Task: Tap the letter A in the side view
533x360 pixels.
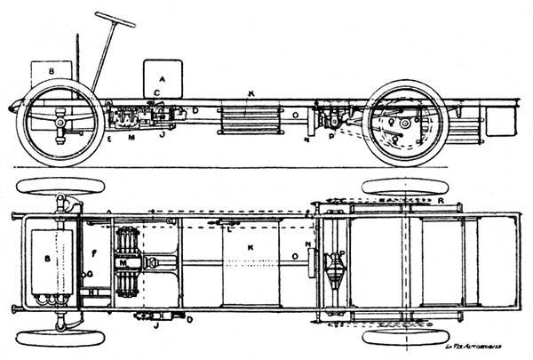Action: (x=162, y=77)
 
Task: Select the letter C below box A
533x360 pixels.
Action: (x=156, y=92)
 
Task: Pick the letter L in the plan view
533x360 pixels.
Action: (x=228, y=229)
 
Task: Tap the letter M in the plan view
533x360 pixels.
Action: (x=122, y=265)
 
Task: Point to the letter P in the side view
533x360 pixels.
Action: (x=331, y=138)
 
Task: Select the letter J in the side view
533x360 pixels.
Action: (x=163, y=136)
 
